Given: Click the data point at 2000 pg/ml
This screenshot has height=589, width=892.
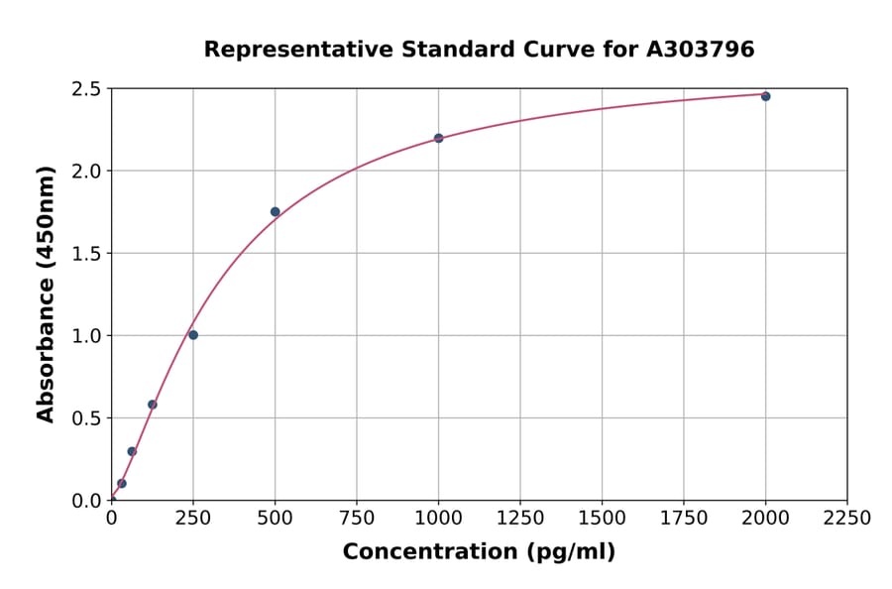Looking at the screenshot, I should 765,96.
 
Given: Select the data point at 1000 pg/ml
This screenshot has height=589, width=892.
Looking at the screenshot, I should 438,138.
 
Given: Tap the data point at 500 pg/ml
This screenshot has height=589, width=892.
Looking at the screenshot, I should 275,211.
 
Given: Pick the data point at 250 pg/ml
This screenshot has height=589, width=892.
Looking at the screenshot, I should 193,335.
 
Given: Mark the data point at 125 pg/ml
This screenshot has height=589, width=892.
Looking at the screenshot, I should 153,405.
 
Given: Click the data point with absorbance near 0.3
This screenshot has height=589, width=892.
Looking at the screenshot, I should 132,451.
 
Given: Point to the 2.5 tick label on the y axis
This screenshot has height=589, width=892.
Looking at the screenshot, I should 86,89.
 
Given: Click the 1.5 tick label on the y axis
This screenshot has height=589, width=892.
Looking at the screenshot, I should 86,254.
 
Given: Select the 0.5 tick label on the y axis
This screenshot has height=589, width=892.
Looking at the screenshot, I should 86,418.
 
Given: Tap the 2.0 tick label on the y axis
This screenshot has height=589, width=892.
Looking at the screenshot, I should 86,172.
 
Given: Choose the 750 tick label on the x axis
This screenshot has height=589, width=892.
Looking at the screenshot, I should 357,519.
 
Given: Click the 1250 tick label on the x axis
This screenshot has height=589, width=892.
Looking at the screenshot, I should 520,519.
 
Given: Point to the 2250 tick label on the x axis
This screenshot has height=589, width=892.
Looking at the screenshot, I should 847,519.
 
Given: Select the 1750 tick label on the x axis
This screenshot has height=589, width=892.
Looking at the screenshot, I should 684,519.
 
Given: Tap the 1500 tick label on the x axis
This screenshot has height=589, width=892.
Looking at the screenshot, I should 602,519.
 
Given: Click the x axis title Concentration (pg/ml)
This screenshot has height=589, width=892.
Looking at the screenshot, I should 479,552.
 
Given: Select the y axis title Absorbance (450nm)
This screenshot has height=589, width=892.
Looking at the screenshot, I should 46,294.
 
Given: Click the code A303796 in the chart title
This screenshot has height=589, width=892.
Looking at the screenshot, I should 701,49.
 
